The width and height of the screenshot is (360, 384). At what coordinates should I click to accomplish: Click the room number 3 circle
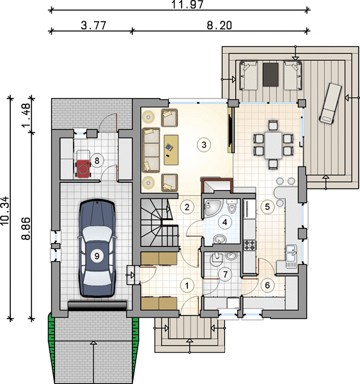[x=204, y=145]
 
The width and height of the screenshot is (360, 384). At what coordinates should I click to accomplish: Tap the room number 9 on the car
[x=97, y=256]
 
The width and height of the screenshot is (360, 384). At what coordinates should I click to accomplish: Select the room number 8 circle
[x=97, y=161]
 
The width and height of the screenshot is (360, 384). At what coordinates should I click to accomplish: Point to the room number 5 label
[x=267, y=207]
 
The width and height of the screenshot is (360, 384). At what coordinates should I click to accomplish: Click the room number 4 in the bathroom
[x=224, y=222]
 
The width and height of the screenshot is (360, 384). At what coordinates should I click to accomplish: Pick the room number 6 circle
[x=267, y=285]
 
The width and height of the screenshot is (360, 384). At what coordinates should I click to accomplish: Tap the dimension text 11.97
[x=187, y=4]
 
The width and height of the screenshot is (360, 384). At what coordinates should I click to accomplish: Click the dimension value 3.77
[x=93, y=26]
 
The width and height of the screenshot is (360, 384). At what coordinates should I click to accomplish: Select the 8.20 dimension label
[x=219, y=26]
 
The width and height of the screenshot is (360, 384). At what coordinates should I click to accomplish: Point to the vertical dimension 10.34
[x=5, y=211]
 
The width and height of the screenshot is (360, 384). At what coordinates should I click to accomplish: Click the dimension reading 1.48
[x=26, y=115]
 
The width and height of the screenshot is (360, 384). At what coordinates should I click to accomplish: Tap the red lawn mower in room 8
[x=83, y=168]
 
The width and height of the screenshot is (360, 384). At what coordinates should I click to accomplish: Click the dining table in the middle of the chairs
[x=274, y=145]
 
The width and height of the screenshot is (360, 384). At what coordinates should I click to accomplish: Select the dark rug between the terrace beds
[x=270, y=74]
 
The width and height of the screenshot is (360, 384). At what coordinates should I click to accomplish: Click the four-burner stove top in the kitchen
[x=250, y=245]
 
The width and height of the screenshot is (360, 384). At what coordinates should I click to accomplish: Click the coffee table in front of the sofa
[x=171, y=150]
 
